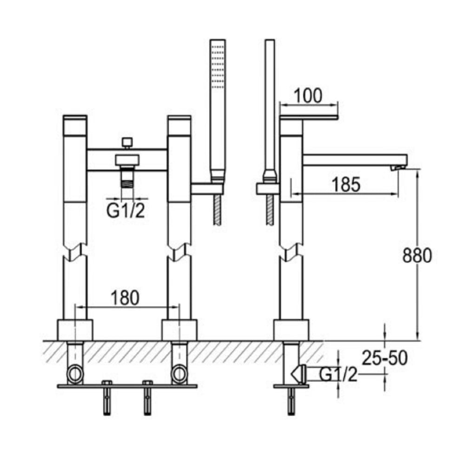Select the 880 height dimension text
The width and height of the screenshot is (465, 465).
point(417,255)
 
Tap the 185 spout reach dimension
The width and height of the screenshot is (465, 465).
point(346,185)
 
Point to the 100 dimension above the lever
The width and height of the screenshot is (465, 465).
point(308,95)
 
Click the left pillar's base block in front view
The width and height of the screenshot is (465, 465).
point(75,330)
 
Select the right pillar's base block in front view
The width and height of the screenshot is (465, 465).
point(179,330)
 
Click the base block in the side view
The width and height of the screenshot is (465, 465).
point(291,330)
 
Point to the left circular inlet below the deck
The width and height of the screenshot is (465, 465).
point(75,374)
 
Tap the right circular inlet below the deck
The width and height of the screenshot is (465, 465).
point(179,374)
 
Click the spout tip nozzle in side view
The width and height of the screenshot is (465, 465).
point(397,167)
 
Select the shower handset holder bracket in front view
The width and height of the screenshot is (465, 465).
point(207,188)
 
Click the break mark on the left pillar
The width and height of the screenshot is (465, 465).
point(75,251)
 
